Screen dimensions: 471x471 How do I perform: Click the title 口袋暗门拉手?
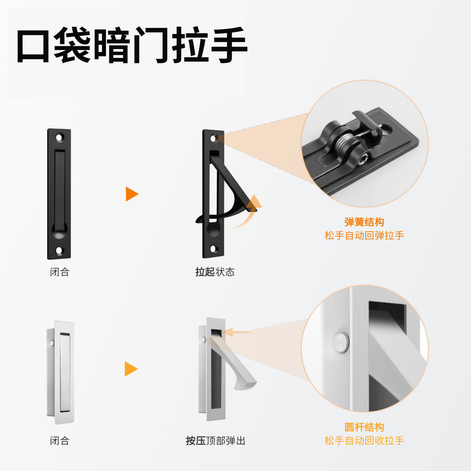point(131,45)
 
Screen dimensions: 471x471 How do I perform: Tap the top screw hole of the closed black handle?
point(59,138)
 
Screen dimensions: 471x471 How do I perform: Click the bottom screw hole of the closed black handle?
point(59,250)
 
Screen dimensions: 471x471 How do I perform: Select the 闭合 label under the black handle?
point(60,272)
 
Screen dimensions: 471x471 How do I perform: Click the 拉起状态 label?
point(215,272)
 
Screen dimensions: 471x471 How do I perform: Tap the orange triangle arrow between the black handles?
point(131,194)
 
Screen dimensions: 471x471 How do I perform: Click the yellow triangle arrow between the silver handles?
point(131,369)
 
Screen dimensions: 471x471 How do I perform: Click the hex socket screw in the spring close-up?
point(363,159)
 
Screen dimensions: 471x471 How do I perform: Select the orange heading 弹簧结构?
point(364,222)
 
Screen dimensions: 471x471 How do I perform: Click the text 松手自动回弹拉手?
point(364,235)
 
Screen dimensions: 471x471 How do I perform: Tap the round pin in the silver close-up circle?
point(341,342)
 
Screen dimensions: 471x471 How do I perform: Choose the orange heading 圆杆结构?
point(364,427)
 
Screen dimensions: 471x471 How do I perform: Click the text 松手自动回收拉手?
point(364,441)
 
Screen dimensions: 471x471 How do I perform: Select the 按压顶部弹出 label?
point(215,441)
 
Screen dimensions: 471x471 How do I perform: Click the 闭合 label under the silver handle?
point(60,441)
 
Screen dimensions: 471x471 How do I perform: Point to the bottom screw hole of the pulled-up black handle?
point(213,249)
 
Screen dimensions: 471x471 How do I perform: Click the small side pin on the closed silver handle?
point(52,343)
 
